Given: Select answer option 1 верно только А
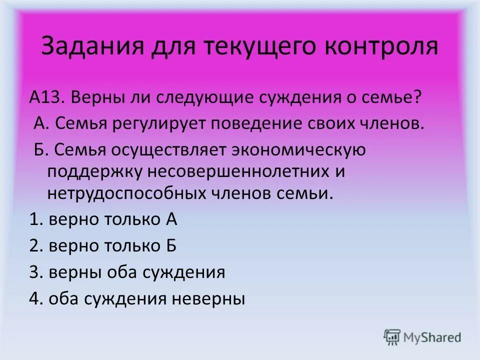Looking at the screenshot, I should click(103, 219).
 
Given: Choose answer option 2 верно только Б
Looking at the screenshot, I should click(103, 245).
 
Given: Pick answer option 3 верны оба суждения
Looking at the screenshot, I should click(127, 272).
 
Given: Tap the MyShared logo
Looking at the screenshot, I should click(422, 336).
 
